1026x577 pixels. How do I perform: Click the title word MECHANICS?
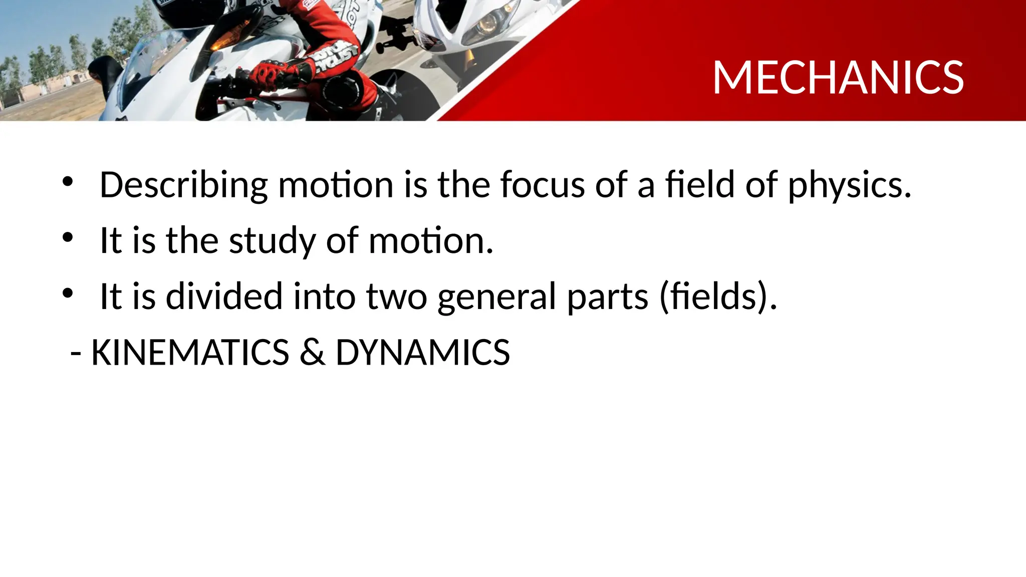point(838,78)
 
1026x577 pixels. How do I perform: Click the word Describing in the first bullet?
point(183,185)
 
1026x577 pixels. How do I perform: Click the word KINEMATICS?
point(190,352)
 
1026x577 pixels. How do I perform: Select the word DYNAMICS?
point(422,352)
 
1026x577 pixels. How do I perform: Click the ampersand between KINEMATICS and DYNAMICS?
point(312,352)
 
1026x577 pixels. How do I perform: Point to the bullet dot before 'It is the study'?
point(68,237)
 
